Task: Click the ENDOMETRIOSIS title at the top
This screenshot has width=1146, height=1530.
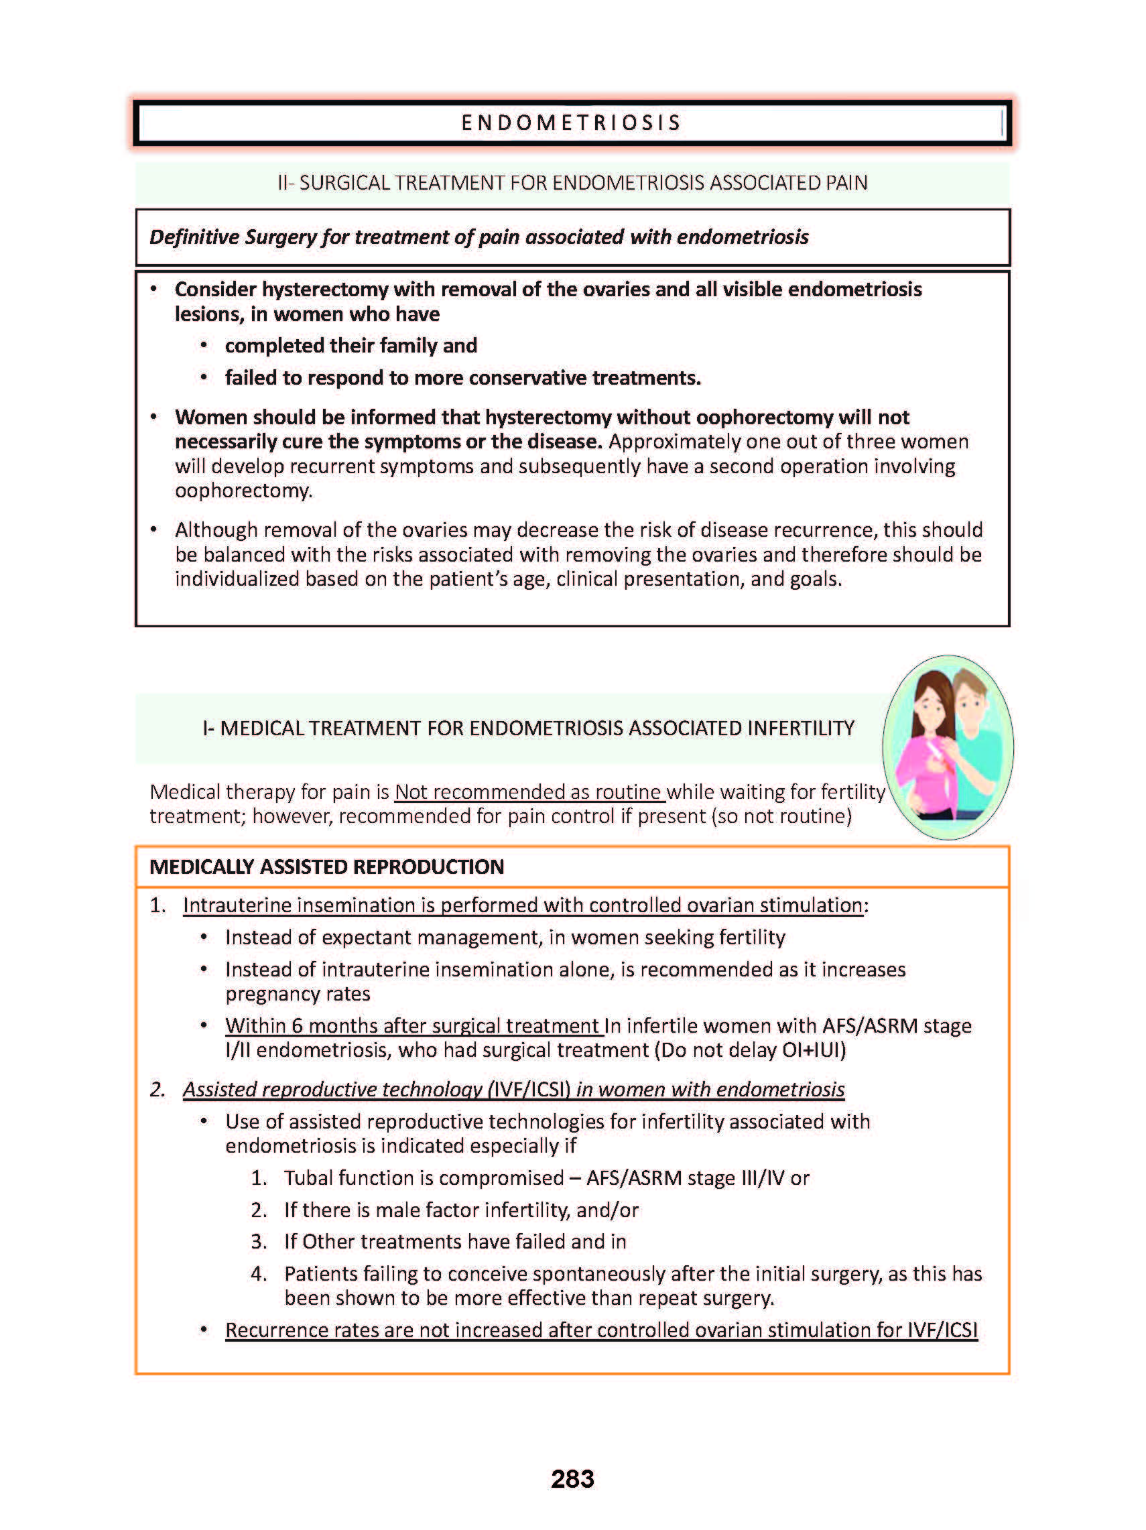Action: point(571,123)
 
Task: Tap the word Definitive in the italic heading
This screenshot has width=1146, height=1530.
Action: point(194,237)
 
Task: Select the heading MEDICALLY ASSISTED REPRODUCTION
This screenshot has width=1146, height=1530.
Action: point(326,867)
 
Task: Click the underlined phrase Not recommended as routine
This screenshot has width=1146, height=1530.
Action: point(528,791)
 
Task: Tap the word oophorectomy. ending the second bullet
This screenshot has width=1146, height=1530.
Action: point(243,491)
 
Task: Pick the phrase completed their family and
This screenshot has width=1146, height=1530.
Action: point(351,346)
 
